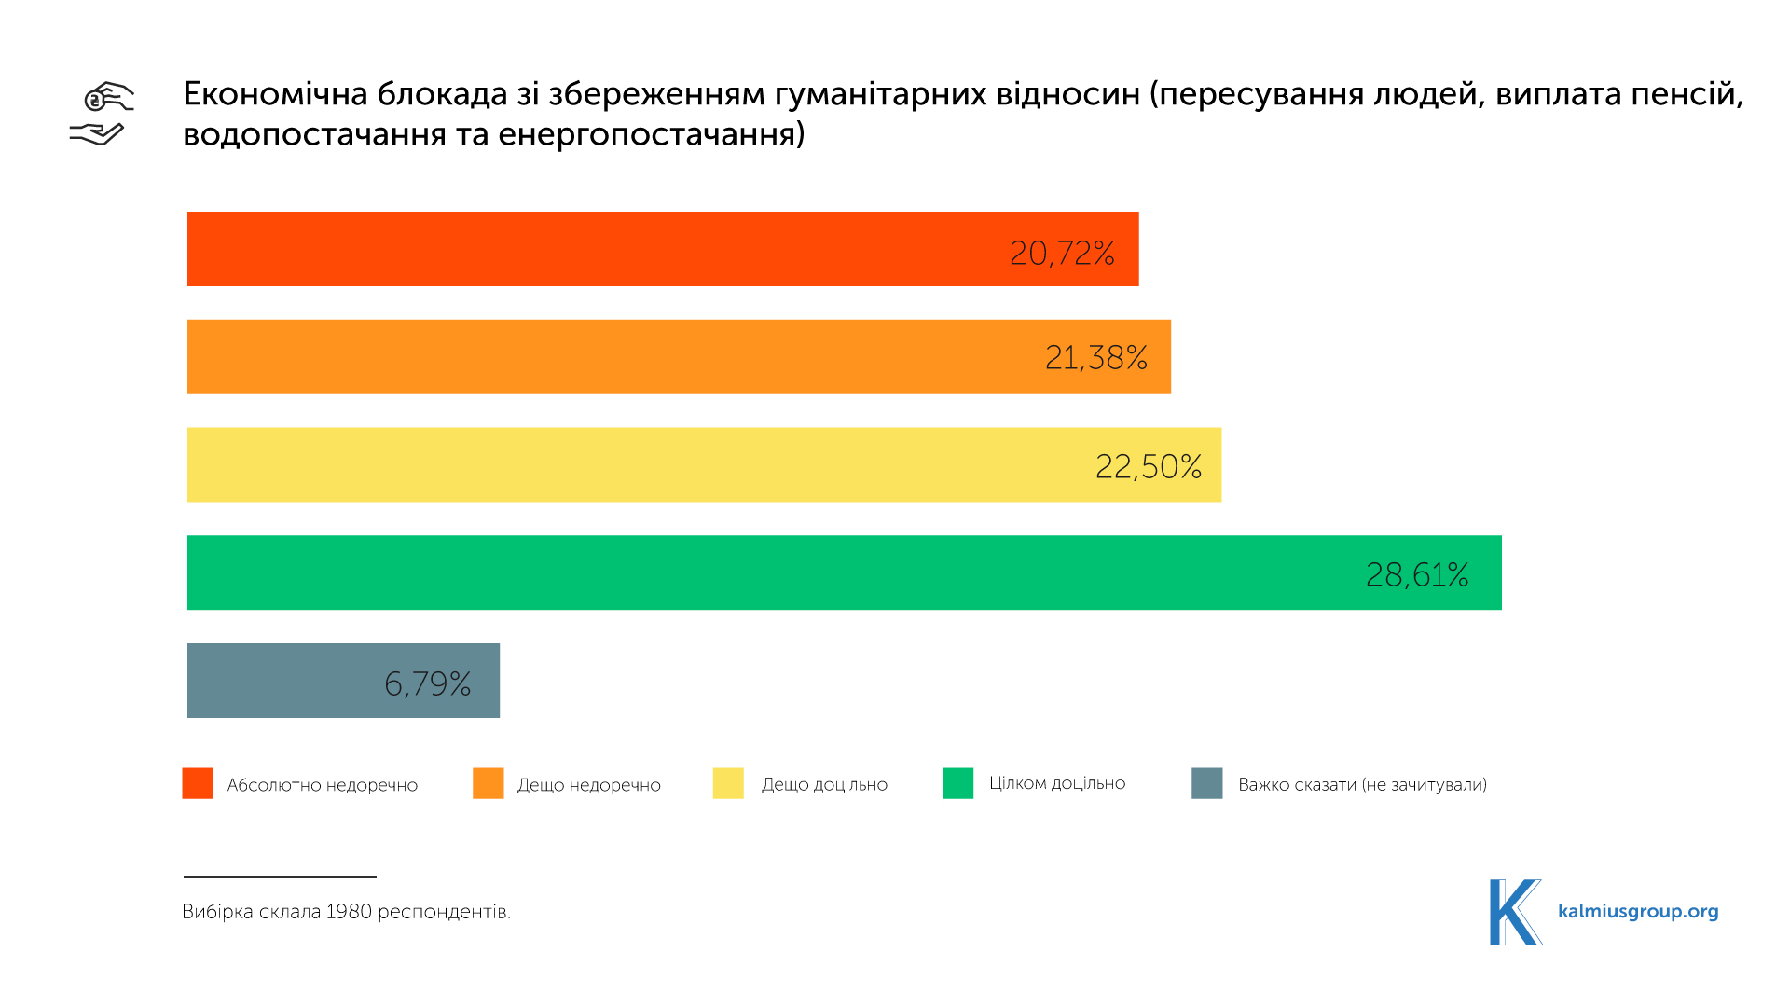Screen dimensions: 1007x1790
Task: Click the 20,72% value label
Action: click(1062, 253)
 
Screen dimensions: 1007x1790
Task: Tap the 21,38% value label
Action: click(1095, 357)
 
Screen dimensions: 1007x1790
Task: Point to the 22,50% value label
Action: click(1148, 466)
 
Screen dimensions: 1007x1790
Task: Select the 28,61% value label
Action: click(1417, 574)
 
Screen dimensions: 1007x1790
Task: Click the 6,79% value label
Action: click(428, 683)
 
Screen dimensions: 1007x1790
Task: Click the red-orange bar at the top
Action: click(597, 249)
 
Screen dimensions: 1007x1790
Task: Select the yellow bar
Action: click(634, 464)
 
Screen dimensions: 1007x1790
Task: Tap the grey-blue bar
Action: click(280, 681)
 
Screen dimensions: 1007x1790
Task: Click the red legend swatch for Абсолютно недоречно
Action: click(198, 783)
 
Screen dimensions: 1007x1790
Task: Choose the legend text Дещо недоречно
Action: click(588, 785)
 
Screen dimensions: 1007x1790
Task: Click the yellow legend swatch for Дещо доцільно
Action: click(728, 783)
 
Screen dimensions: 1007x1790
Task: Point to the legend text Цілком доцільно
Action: click(1057, 783)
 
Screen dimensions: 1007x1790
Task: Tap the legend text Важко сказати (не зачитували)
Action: click(1362, 785)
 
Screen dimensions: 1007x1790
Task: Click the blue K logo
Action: click(1514, 912)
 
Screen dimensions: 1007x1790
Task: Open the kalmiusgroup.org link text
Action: click(1638, 911)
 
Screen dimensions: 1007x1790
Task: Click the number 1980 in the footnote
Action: click(349, 911)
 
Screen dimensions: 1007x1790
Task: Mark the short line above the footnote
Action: click(280, 877)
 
